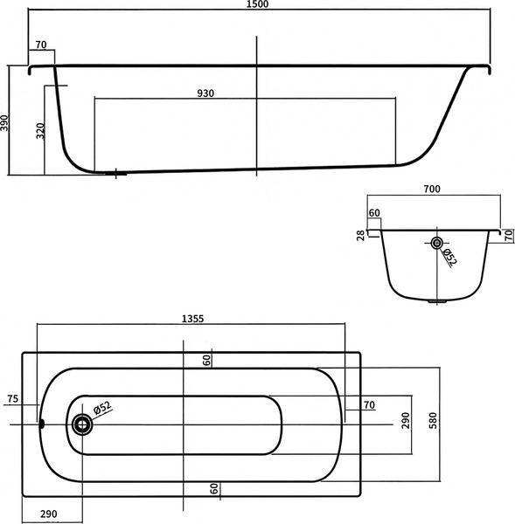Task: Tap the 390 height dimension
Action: tap(6, 122)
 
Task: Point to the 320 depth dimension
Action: tap(40, 131)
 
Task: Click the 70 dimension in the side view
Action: tap(40, 45)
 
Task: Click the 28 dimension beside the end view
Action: tap(360, 233)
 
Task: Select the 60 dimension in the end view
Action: tap(374, 212)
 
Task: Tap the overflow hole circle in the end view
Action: tap(436, 243)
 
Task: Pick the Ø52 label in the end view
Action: tap(448, 257)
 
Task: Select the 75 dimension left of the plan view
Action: tap(12, 399)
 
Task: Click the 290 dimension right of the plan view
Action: tap(405, 422)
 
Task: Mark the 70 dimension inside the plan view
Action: tap(368, 404)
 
